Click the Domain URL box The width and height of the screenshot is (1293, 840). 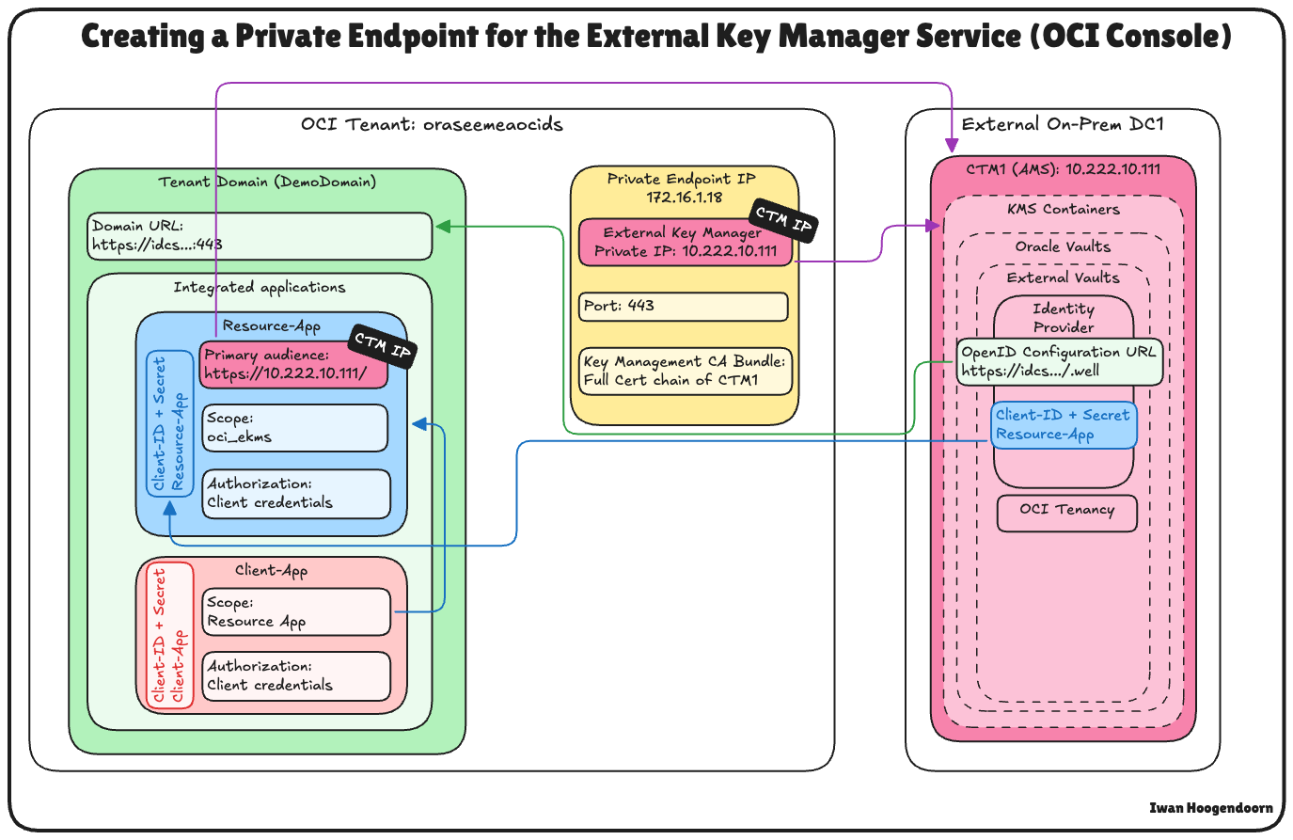260,236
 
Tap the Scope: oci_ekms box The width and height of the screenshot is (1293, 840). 295,428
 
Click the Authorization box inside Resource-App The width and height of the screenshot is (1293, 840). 295,494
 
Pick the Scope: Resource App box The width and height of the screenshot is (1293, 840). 296,612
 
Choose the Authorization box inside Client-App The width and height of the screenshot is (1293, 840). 296,676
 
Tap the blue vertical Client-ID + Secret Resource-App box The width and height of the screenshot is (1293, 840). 168,423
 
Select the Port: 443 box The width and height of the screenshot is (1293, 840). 683,307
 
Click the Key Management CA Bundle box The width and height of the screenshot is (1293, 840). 686,372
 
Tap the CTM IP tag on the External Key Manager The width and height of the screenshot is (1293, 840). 783,221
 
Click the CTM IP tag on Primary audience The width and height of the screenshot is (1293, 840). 383,346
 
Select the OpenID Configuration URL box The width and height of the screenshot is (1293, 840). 1059,362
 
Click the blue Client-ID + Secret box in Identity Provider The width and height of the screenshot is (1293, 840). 1064,425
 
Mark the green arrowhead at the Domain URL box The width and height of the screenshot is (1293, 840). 442,226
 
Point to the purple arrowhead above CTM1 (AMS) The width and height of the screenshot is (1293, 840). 952,146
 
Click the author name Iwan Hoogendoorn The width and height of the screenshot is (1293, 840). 1210,808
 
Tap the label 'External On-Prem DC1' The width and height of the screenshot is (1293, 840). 1063,125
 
